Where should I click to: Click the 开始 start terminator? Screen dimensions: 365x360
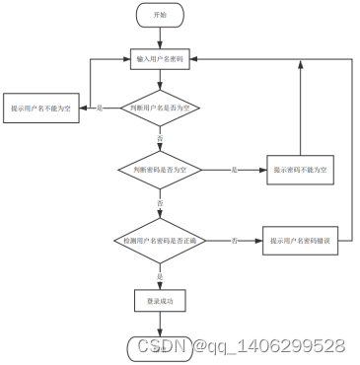point(160,16)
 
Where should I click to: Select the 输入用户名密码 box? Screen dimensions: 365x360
point(160,59)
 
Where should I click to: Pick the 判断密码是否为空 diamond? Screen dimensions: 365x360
point(160,171)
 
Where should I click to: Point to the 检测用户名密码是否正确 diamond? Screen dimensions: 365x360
point(159,241)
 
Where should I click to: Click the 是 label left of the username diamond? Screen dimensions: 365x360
point(100,107)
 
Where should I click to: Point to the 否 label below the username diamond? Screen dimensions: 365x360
point(160,139)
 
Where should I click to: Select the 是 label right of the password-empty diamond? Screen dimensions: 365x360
point(234,171)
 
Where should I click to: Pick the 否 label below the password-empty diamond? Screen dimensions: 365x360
point(160,203)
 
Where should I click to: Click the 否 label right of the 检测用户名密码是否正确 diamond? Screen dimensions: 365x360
point(235,241)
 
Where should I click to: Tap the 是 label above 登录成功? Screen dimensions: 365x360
point(160,276)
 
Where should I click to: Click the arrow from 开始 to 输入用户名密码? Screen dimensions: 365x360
point(160,38)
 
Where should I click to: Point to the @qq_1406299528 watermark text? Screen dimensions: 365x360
point(268,346)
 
